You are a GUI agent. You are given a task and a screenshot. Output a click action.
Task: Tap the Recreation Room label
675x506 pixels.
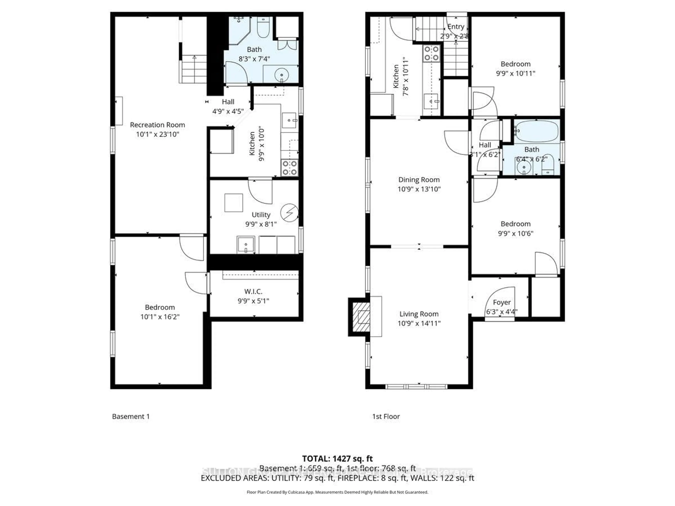[x=157, y=125]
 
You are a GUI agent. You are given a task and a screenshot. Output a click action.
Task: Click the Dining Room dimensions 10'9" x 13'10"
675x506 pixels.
[x=419, y=189]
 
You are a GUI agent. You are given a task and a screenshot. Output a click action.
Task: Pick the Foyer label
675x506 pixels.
[x=502, y=302]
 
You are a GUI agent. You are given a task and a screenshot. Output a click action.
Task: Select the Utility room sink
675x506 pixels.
[x=246, y=245]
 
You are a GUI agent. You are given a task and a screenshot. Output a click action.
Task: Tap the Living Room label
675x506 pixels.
[x=419, y=314]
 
